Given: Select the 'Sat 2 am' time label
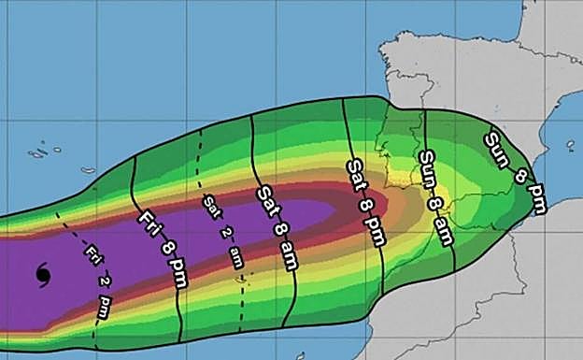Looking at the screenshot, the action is (x=221, y=230).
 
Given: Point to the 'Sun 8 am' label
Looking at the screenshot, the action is (x=435, y=197).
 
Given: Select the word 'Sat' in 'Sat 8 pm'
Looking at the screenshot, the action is (x=355, y=172).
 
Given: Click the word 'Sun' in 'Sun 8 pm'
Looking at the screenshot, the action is (x=496, y=147).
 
